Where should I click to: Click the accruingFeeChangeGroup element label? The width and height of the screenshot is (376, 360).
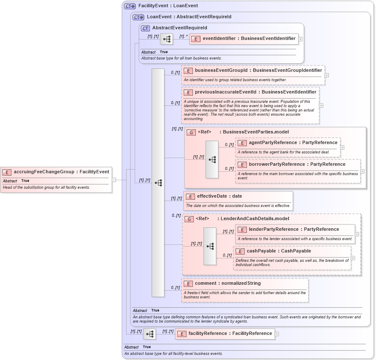61,172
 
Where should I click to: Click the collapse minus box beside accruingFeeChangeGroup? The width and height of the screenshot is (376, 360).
114,180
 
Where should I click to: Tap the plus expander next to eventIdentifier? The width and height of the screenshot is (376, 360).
300,39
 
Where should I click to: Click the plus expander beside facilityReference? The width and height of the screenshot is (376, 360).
277,334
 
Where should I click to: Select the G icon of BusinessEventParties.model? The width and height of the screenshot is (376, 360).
191,132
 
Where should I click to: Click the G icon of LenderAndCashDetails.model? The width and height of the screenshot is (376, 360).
189,218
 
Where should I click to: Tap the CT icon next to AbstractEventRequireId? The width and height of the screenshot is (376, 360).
145,28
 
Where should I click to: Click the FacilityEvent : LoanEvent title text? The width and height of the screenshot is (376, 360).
168,6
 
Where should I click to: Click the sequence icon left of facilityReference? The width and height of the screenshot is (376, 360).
149,334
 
